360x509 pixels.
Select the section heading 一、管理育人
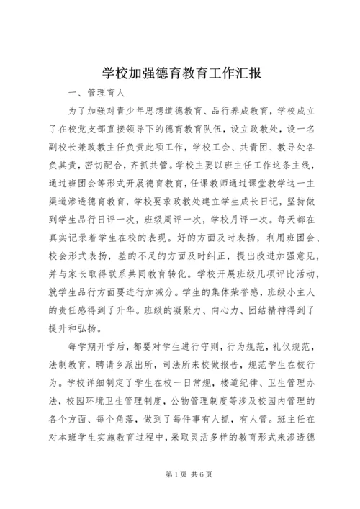click(98, 94)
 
